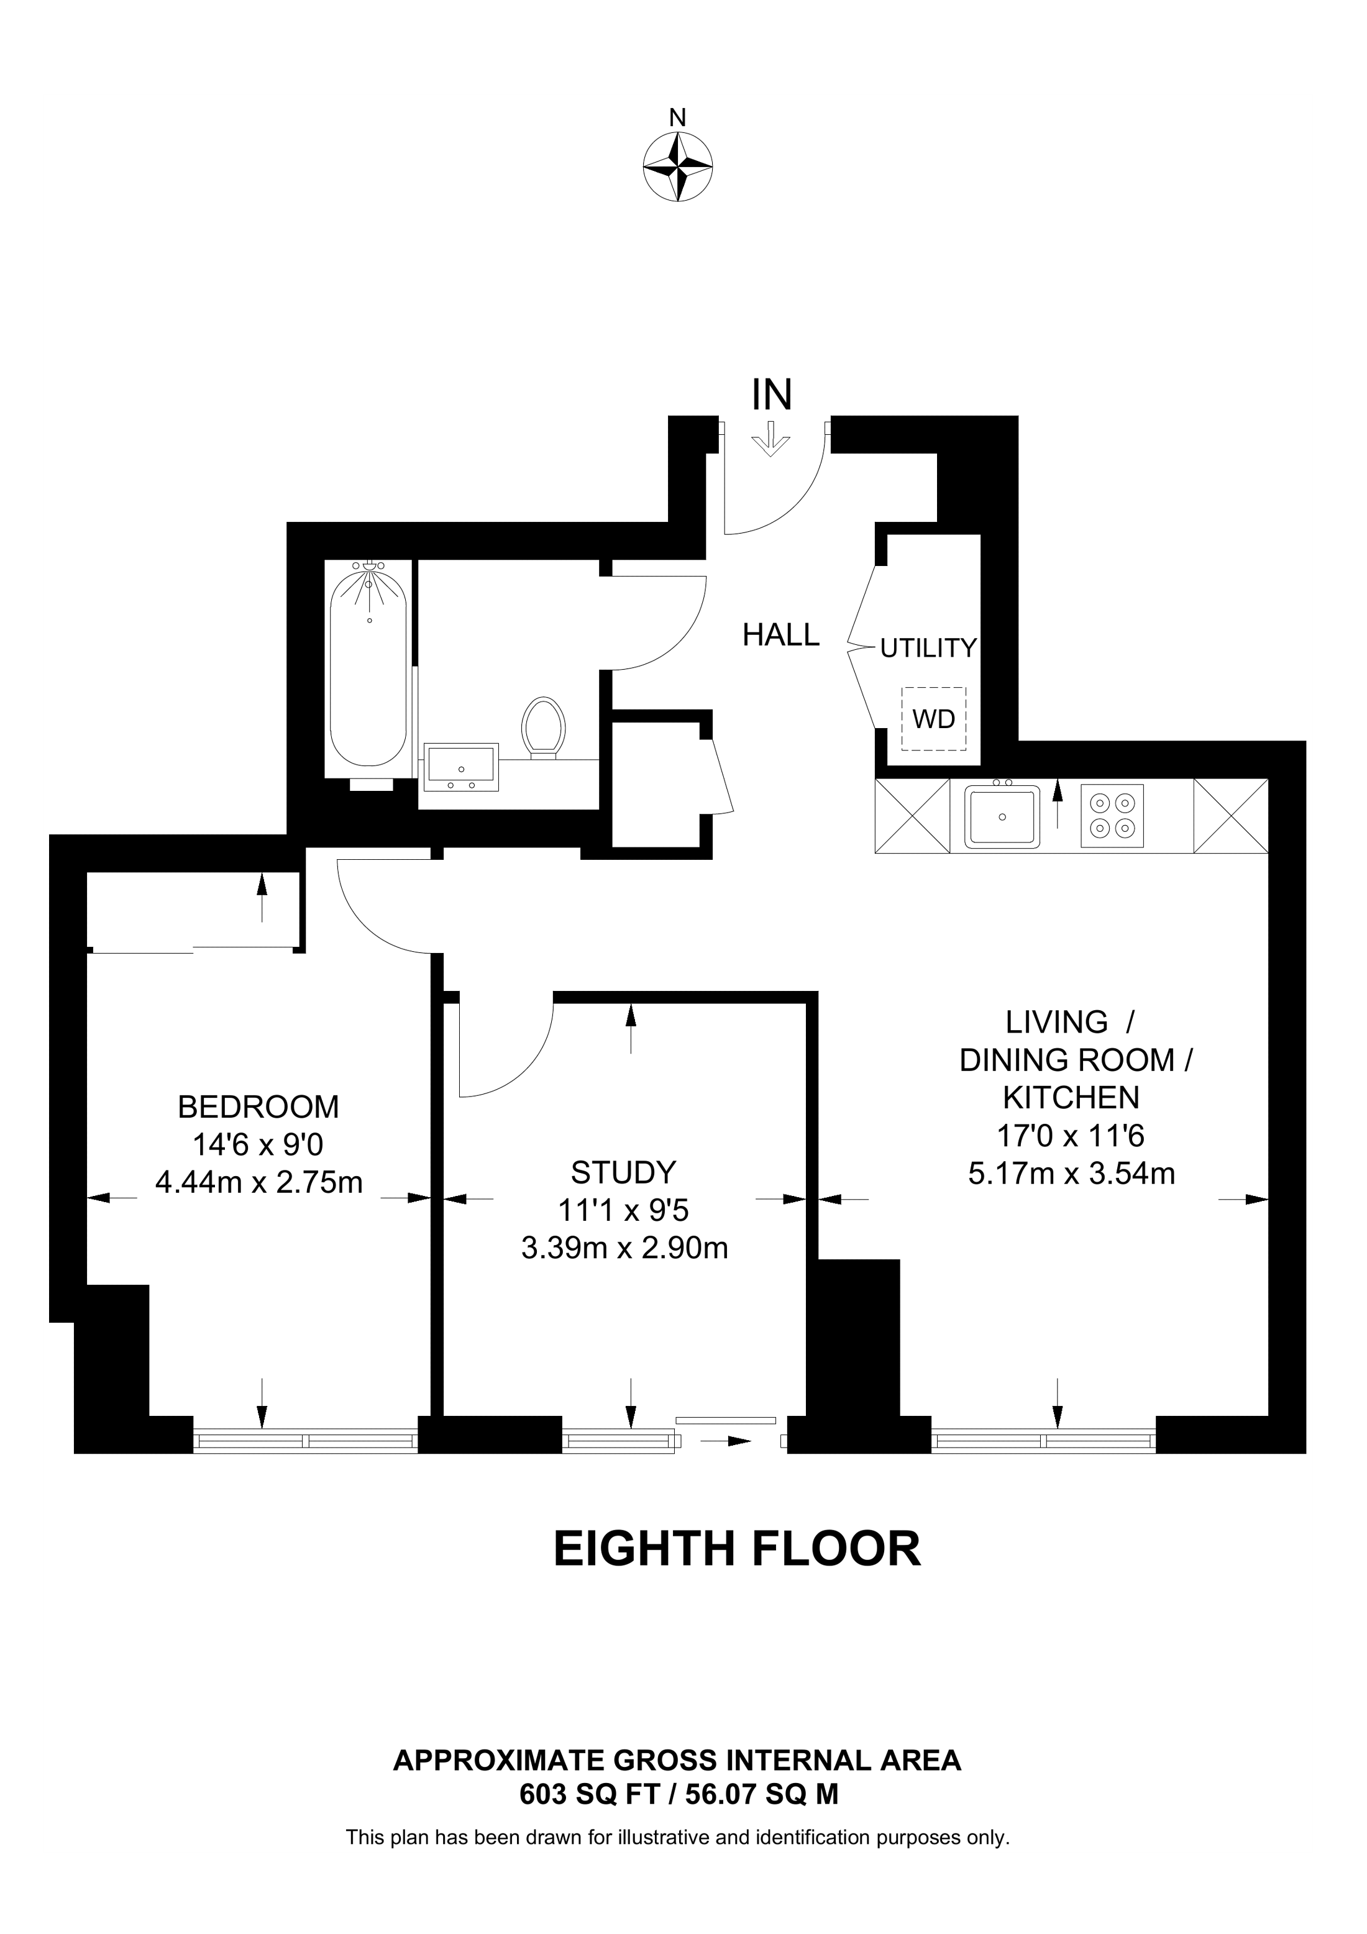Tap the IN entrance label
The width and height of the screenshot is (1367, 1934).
click(x=772, y=395)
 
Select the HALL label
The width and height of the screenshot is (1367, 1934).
click(x=781, y=635)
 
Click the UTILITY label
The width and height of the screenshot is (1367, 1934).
click(x=928, y=648)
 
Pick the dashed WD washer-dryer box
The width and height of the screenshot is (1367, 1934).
click(x=933, y=719)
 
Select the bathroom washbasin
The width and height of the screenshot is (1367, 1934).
click(x=460, y=767)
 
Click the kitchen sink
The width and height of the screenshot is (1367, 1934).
click(x=1002, y=815)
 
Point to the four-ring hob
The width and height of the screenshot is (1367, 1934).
click(x=1112, y=815)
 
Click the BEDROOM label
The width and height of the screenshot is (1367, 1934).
click(x=258, y=1107)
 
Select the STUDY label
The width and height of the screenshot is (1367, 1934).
click(x=623, y=1172)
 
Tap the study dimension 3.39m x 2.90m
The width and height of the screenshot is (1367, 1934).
click(x=624, y=1248)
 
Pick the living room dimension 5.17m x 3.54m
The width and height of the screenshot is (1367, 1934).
click(x=1071, y=1174)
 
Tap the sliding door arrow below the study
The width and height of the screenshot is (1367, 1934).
click(x=725, y=1441)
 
